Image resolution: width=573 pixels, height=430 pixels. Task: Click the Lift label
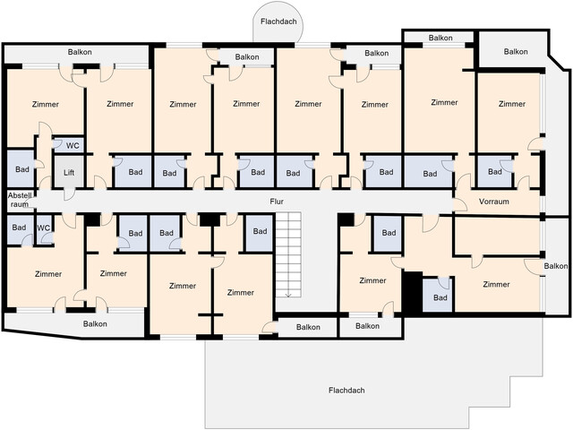click(69, 172)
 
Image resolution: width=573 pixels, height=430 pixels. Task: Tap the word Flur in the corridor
click(277, 201)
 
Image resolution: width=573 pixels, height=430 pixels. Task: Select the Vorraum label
click(493, 202)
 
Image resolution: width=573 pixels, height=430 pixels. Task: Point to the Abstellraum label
click(20, 200)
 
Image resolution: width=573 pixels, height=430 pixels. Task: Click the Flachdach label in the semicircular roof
click(278, 21)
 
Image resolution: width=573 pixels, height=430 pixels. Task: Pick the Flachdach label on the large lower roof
click(346, 391)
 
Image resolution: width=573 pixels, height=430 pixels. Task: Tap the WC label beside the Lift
click(73, 145)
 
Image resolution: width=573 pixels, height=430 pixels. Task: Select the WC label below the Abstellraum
click(44, 228)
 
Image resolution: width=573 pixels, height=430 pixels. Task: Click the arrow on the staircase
click(288, 294)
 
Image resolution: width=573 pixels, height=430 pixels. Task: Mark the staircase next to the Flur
click(288, 254)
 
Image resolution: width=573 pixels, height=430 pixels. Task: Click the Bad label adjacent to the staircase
click(260, 231)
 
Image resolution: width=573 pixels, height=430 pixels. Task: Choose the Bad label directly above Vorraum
click(495, 171)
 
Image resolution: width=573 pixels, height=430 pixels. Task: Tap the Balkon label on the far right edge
click(556, 266)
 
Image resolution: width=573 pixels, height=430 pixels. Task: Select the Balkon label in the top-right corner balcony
click(516, 52)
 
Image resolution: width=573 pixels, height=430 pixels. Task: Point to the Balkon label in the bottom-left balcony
click(95, 323)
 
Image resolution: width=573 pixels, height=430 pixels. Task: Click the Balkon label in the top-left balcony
click(80, 52)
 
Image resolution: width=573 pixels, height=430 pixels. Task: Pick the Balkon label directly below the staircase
click(308, 327)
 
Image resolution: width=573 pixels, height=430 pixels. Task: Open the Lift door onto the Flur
click(69, 194)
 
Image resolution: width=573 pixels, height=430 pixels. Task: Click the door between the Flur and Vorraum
click(459, 204)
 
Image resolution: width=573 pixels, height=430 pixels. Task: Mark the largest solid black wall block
click(413, 292)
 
